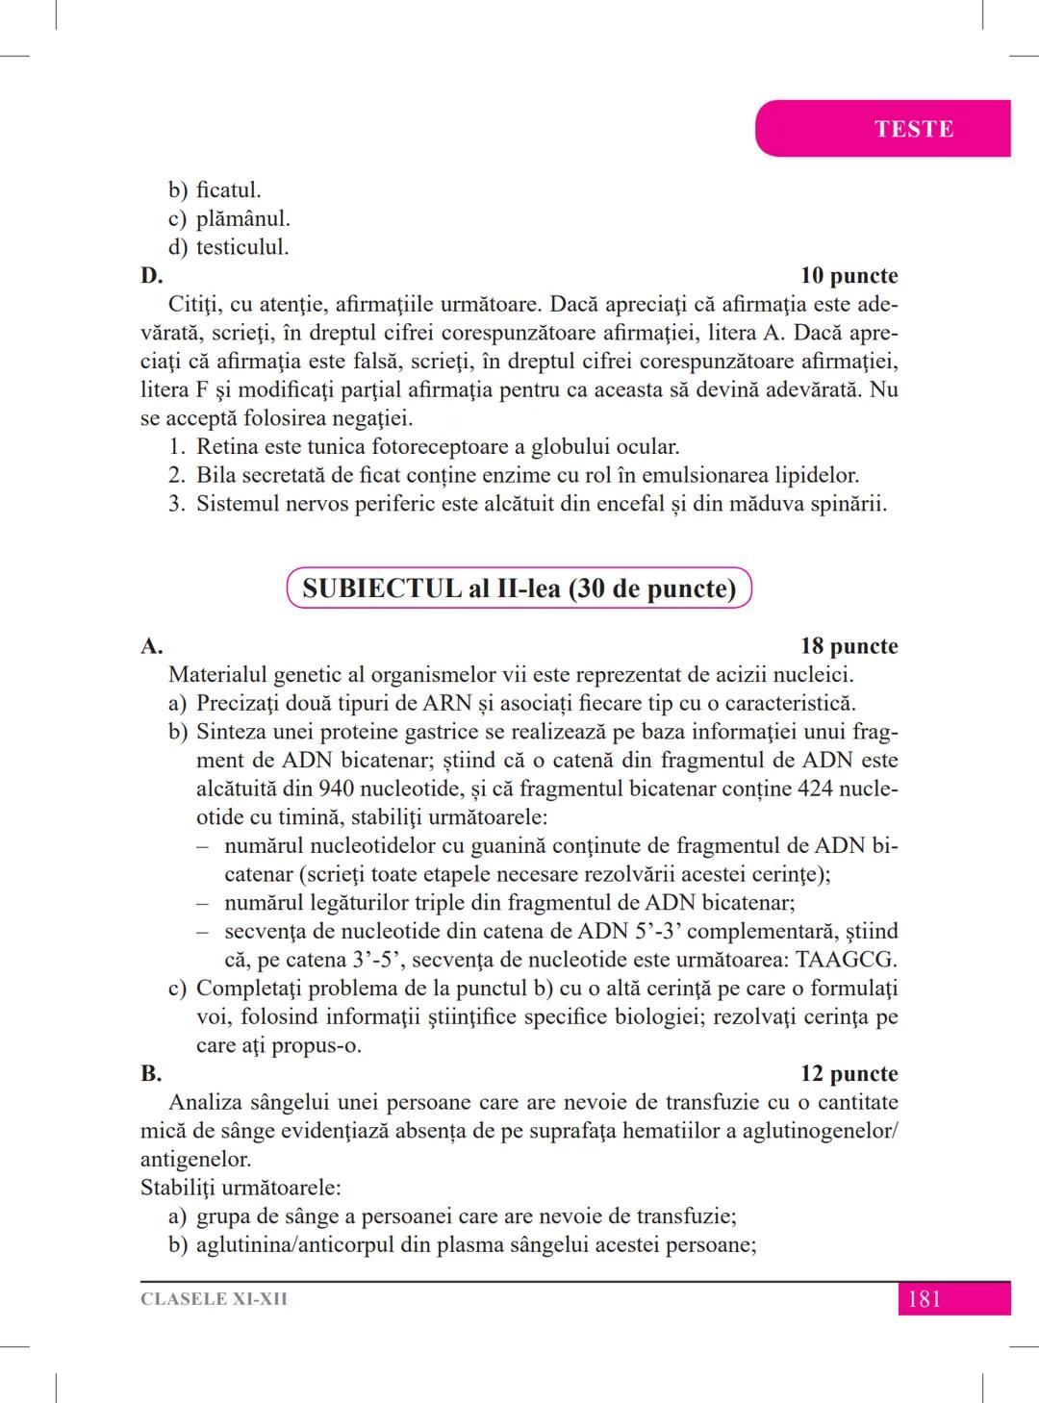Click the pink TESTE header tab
tap(913, 129)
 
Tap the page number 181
tap(924, 1299)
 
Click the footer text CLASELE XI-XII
tap(214, 1299)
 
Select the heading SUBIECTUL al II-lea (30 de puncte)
tap(519, 589)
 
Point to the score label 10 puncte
tap(849, 276)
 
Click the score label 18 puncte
tap(849, 646)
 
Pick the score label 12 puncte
tap(849, 1073)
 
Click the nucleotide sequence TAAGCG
tap(847, 960)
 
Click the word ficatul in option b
tap(228, 190)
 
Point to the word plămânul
tap(242, 219)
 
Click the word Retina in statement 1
tap(227, 447)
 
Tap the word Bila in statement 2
tap(215, 475)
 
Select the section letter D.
tap(151, 276)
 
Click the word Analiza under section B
tap(207, 1102)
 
